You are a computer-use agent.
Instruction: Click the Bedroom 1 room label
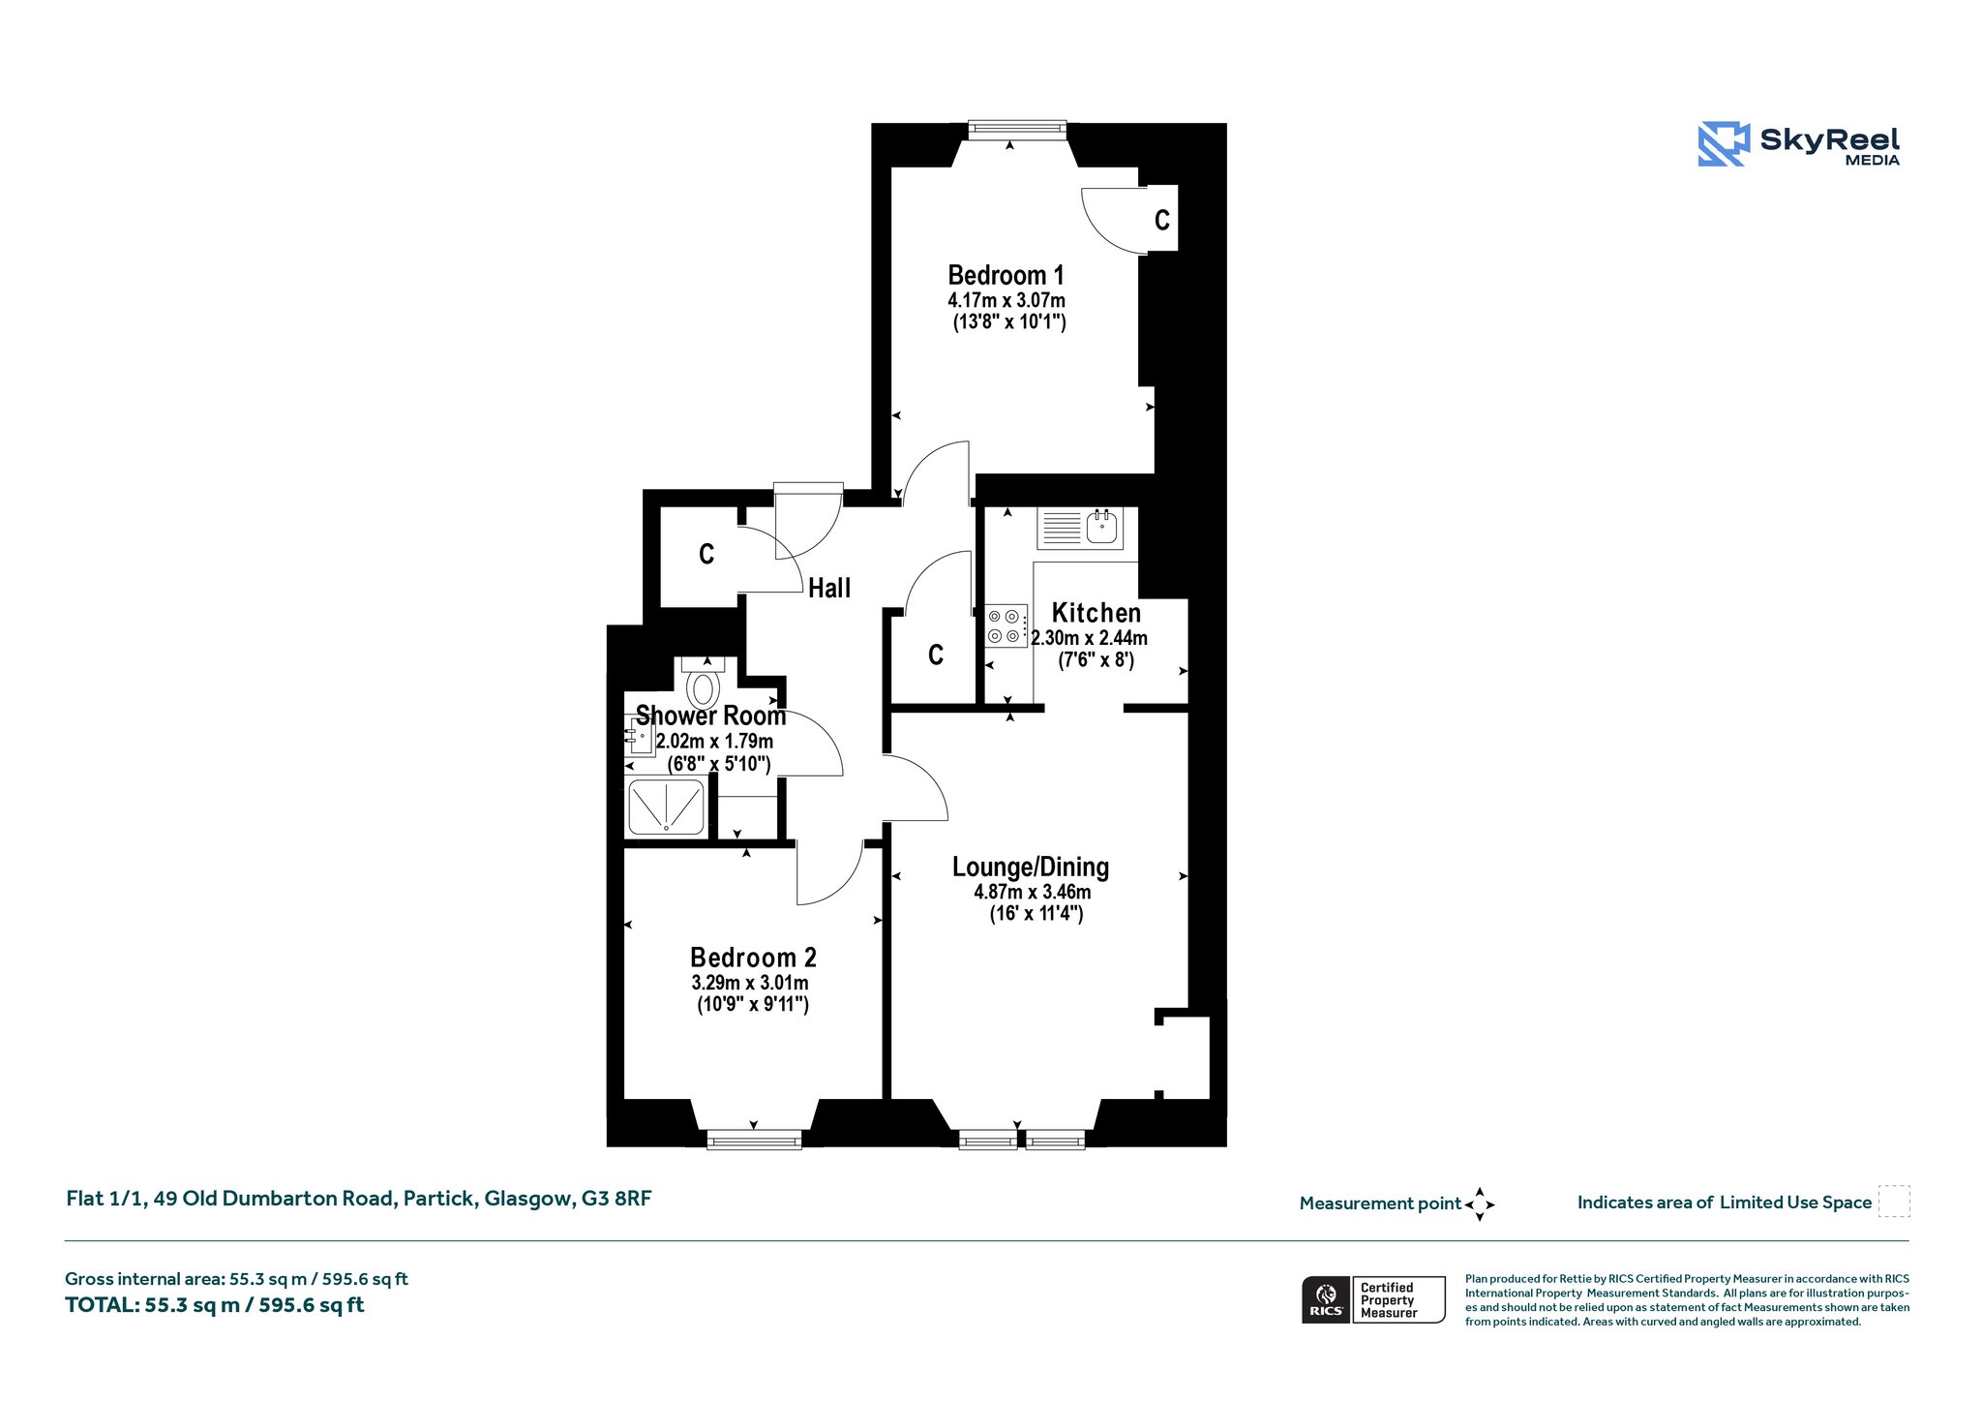(1006, 275)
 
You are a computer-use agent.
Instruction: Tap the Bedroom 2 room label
(753, 958)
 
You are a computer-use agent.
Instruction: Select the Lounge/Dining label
(1031, 868)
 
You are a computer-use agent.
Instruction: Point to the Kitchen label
(1096, 613)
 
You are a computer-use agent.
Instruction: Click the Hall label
(829, 588)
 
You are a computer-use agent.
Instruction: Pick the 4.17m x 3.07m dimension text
(1006, 300)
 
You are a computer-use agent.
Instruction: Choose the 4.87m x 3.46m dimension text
(1033, 892)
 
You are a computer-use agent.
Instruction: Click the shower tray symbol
(667, 807)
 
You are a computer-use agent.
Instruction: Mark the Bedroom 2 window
(754, 1140)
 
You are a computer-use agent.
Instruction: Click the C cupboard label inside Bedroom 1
(1162, 220)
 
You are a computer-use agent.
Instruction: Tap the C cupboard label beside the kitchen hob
(936, 655)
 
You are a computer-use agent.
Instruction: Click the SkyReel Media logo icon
(1724, 144)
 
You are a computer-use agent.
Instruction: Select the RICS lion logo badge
(1326, 1299)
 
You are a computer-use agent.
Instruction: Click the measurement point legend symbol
(1480, 1204)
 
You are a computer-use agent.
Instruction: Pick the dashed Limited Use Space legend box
(1894, 1202)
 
